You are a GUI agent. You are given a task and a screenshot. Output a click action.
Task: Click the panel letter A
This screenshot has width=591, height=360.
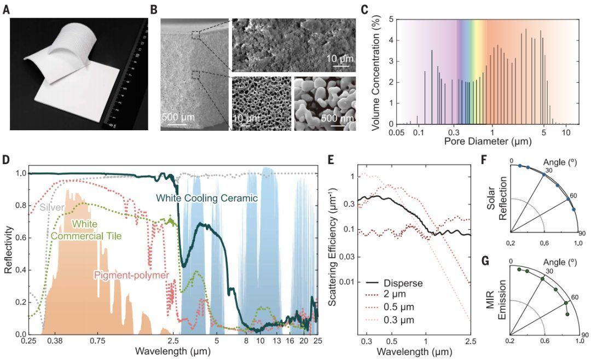point(6,9)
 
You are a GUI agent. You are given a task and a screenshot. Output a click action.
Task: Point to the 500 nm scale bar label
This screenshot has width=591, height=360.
point(333,118)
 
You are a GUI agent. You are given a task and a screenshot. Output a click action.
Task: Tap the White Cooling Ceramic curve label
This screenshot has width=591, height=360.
point(207,198)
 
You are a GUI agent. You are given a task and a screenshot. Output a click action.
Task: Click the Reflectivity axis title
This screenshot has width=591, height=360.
point(8,250)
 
